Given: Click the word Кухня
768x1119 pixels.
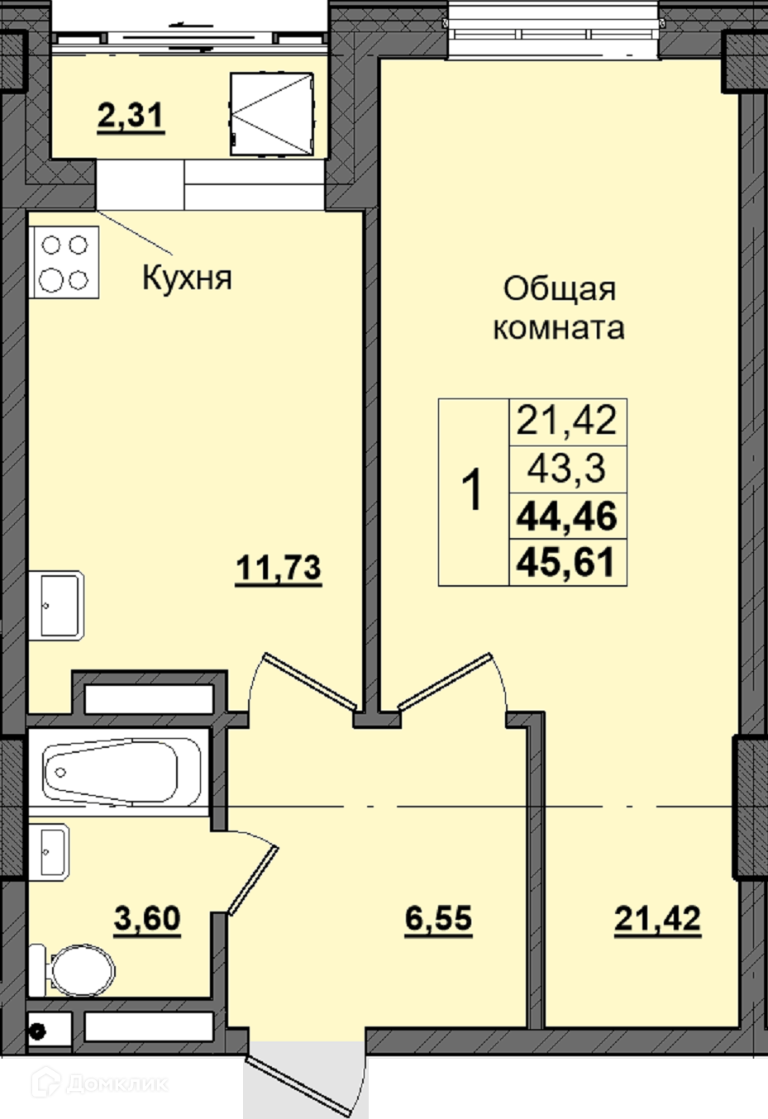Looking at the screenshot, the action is tap(187, 278).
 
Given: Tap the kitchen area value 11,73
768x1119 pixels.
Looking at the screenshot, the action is tap(279, 568).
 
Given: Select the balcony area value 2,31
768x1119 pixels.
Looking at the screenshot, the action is tap(131, 116).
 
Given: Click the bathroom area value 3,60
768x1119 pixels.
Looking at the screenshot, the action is tap(147, 918).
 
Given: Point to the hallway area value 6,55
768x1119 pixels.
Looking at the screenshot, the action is tap(438, 918).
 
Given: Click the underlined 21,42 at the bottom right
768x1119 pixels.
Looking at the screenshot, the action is tap(657, 918).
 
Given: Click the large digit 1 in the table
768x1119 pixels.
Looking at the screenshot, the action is tap(472, 490).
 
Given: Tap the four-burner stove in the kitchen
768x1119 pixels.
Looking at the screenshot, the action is tap(64, 263).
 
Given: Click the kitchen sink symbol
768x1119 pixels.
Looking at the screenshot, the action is tap(56, 606).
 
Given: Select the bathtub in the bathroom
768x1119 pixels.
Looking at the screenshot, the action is tap(118, 773).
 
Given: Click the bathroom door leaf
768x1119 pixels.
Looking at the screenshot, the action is tap(253, 880).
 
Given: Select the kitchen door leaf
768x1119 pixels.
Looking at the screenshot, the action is tap(310, 681).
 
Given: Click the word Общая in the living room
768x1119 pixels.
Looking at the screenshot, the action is tap(559, 289).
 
